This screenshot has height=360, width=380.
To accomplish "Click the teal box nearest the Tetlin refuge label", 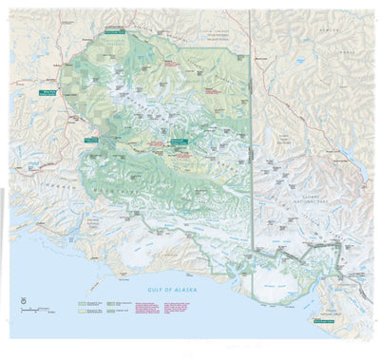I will pos(114,30).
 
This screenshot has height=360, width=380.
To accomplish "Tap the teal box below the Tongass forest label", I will pos(325,320).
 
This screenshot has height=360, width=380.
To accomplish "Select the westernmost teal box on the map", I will pos(45,92).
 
